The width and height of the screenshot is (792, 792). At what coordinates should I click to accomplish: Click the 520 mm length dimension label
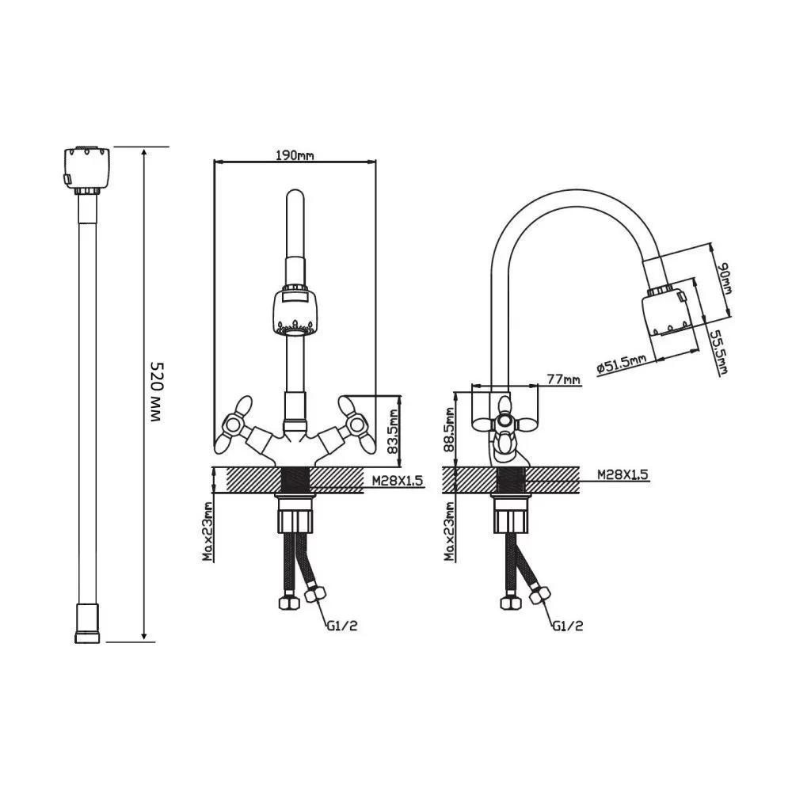pos(156,391)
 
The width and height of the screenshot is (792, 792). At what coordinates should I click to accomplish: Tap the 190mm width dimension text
pos(295,154)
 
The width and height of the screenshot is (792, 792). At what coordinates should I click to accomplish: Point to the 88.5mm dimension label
pos(449,429)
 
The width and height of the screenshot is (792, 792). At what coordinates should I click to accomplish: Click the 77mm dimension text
pos(563,379)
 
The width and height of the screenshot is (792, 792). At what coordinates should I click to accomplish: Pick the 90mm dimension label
pos(725,277)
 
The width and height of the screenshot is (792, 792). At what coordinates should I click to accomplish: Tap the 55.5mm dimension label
pos(718,352)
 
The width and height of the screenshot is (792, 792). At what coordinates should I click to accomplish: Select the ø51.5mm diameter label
pos(621,364)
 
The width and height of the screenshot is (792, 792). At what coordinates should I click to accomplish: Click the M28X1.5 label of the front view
pos(397,481)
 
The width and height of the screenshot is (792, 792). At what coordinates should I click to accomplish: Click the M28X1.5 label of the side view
pos(623,474)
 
